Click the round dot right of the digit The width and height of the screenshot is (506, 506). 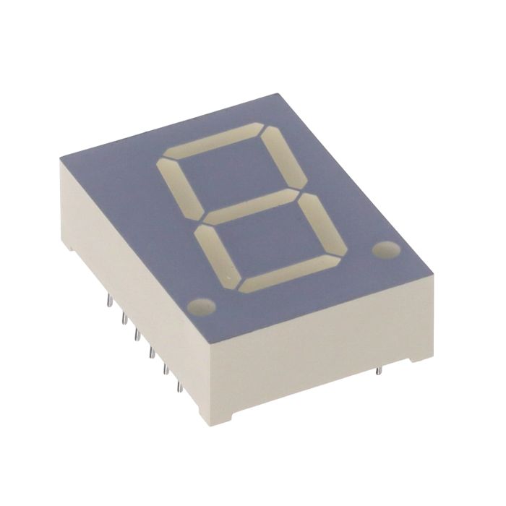pos(386,249)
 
